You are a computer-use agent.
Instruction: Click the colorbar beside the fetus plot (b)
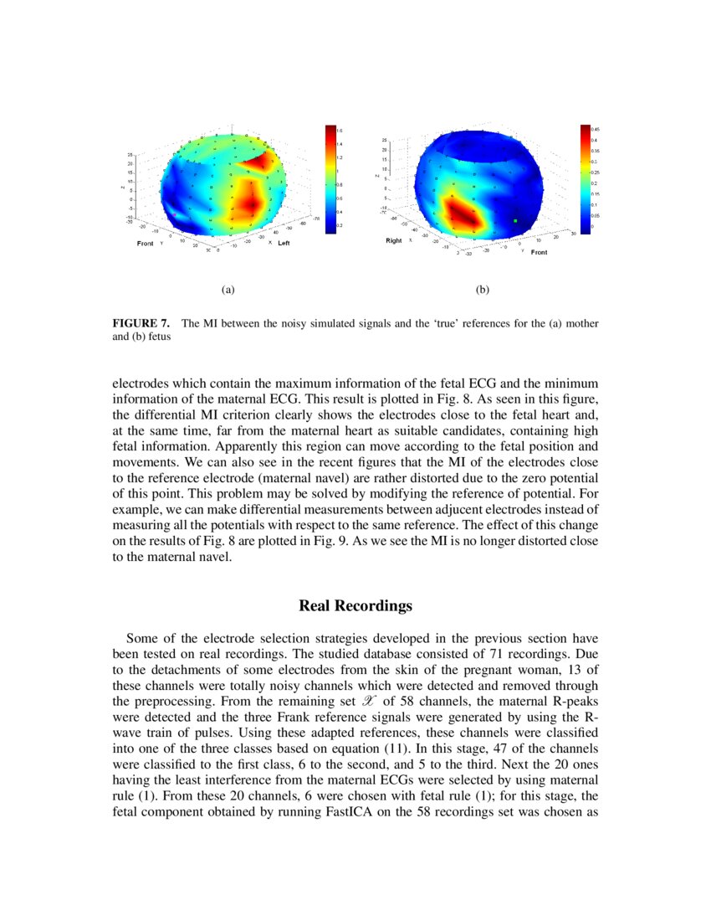[x=585, y=179]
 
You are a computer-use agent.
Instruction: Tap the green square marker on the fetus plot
[x=515, y=220]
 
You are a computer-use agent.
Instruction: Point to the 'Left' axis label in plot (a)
[x=284, y=243]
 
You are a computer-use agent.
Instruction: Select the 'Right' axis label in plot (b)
[x=394, y=240]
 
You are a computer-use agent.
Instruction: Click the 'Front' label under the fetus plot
[x=539, y=252]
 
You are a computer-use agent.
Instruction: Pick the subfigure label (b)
[x=483, y=290]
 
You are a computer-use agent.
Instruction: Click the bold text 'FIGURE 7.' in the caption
[x=141, y=322]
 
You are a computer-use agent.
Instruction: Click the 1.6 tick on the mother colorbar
[x=340, y=131]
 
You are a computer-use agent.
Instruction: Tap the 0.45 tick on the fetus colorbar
[x=596, y=130]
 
